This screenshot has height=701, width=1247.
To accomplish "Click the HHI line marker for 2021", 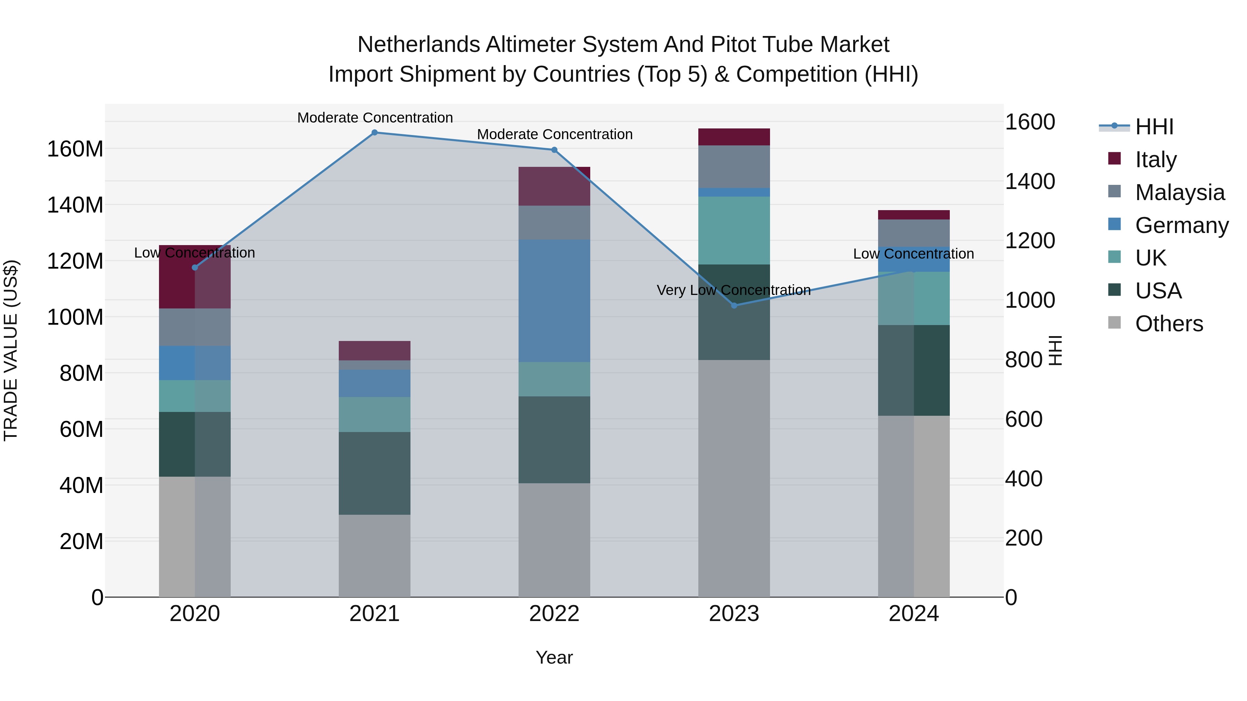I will [x=374, y=133].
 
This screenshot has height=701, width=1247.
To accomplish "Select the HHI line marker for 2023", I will [x=734, y=305].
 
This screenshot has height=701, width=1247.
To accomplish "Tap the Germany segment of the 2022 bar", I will [x=554, y=300].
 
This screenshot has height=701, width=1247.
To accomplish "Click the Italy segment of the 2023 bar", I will [x=734, y=137].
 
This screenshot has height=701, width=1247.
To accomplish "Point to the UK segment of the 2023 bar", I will [x=734, y=230].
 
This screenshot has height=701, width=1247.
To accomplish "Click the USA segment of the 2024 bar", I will [x=913, y=370].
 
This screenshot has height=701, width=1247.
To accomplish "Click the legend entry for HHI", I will [x=1153, y=127].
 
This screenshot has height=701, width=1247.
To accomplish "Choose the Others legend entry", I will [x=1169, y=324].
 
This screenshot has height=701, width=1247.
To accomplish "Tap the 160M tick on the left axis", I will [x=75, y=149].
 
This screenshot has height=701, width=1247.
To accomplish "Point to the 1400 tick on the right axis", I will [x=1030, y=181].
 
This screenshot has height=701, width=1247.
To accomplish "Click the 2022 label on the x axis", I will [x=554, y=614].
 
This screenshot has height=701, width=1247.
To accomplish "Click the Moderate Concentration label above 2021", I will [x=375, y=118].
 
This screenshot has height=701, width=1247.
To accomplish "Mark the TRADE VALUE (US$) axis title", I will [x=11, y=350].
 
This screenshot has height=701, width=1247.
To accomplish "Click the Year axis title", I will [x=554, y=657].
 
